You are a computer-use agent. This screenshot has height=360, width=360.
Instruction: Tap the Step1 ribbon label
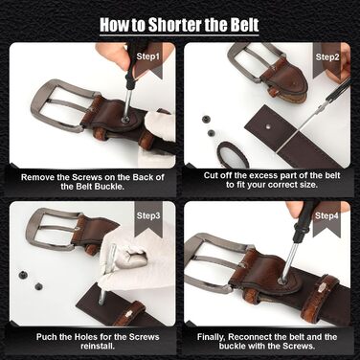point(147,56)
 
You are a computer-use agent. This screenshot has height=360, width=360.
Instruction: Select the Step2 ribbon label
point(327,57)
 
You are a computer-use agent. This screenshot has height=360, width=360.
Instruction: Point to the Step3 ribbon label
point(148,215)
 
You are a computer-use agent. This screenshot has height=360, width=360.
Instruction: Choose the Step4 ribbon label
point(326,216)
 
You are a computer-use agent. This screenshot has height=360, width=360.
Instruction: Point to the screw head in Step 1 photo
point(125,120)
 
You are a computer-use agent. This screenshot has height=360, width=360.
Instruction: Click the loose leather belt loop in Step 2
point(233,154)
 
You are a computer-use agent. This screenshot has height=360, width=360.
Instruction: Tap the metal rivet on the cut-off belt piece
point(268,126)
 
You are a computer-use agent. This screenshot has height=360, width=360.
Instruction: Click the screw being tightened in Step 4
point(282,281)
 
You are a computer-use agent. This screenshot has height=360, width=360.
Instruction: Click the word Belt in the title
point(244,24)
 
